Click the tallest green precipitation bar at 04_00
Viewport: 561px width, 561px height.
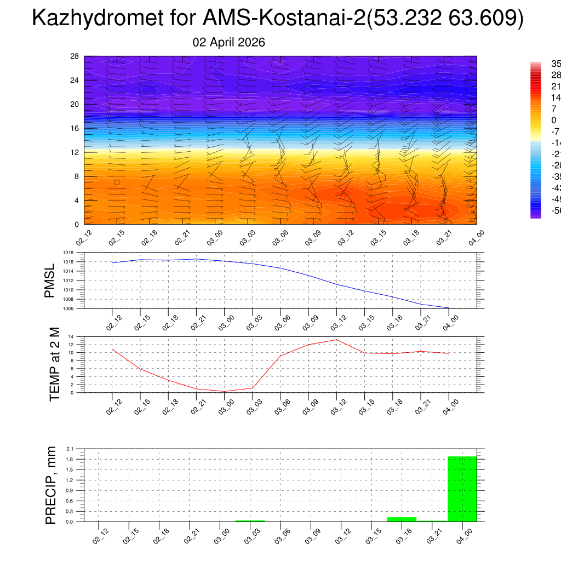[x=462, y=489]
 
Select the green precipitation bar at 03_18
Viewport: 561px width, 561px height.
[x=402, y=519]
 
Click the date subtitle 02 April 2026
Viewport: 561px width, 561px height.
[x=229, y=42]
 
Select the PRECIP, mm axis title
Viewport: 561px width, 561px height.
[x=51, y=485]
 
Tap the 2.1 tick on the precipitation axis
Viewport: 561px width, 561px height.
[x=70, y=449]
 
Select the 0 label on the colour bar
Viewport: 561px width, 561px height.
[x=553, y=120]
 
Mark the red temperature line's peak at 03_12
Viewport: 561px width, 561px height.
[x=336, y=340]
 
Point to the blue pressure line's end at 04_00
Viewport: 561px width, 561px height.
[x=449, y=308]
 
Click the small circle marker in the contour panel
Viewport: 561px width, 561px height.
[x=117, y=182]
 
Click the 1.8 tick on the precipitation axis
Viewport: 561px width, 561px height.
[x=70, y=459]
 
